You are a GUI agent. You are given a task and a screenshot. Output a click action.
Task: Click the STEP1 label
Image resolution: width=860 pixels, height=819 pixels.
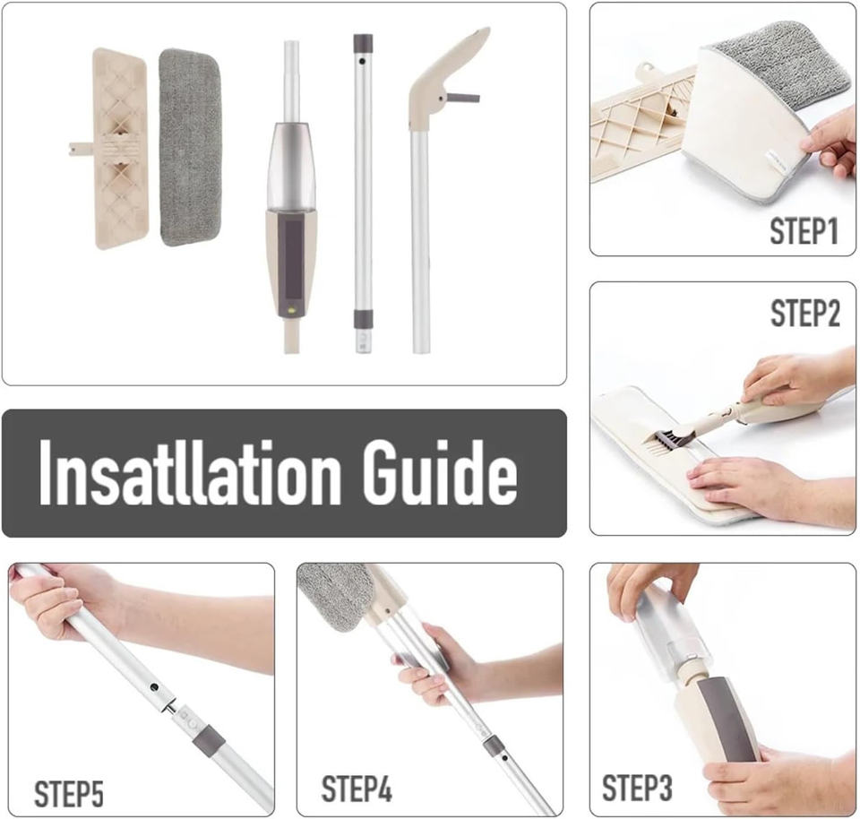[804, 231]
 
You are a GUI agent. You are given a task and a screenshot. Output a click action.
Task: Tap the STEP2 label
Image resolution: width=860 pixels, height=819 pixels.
[804, 314]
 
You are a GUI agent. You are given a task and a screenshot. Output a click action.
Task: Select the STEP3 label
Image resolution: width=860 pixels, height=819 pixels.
[637, 788]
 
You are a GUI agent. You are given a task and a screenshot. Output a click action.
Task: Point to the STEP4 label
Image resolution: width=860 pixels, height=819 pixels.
[357, 789]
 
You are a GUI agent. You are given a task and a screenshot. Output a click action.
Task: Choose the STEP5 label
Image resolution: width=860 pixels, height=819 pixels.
[69, 793]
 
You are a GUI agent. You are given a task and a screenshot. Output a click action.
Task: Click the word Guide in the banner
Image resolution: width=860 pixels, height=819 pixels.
[439, 473]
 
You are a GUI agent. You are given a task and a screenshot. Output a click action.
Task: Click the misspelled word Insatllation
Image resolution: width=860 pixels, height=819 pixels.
[190, 473]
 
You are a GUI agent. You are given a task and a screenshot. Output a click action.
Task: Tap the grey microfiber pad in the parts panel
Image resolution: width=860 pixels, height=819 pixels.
[190, 147]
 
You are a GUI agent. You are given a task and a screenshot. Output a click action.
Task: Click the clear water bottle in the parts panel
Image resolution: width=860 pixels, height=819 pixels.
[290, 168]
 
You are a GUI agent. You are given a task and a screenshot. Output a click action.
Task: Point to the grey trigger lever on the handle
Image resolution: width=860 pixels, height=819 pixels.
[463, 98]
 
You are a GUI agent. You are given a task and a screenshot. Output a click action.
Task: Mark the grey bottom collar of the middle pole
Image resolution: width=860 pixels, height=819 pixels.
[363, 319]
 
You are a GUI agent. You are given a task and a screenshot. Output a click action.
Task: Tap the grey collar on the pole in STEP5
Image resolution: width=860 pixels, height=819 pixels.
[209, 738]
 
